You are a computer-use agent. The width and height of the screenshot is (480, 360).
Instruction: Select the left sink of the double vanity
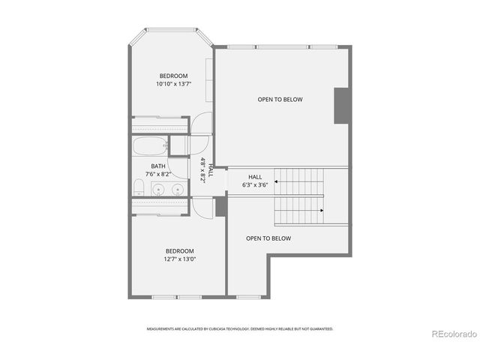click(157, 189)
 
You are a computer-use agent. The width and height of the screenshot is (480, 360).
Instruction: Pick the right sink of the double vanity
click(178, 189)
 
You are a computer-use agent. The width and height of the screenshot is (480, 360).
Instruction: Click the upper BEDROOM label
click(173, 76)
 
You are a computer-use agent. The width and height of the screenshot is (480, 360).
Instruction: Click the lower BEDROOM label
click(180, 251)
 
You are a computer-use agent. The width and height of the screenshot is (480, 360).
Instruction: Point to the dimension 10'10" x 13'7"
click(173, 85)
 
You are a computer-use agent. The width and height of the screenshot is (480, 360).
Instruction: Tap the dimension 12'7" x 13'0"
click(180, 259)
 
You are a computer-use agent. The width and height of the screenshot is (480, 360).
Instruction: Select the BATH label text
click(158, 166)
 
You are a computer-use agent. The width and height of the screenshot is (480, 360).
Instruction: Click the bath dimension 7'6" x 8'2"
click(158, 175)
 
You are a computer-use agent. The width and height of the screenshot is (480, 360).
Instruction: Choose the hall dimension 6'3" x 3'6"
click(255, 184)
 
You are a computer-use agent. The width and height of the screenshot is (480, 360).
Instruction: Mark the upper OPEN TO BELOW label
click(280, 99)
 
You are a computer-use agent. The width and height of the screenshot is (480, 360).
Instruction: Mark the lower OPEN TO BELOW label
click(268, 238)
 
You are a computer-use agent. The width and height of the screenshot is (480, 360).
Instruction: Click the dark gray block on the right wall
click(342, 105)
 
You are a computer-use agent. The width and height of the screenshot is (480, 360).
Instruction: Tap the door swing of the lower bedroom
click(202, 205)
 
